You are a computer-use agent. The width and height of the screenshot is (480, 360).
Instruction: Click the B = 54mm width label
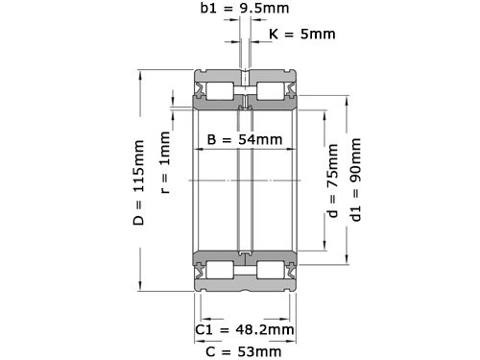click(245, 140)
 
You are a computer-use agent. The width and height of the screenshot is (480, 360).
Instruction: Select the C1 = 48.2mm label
click(244, 330)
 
